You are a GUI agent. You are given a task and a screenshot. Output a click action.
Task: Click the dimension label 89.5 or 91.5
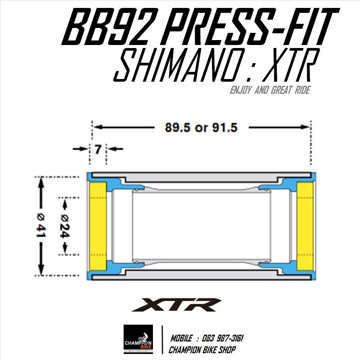click(x=201, y=128)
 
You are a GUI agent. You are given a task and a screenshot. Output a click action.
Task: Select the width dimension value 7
click(x=98, y=149)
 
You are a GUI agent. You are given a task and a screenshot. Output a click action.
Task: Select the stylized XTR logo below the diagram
click(x=176, y=304)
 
